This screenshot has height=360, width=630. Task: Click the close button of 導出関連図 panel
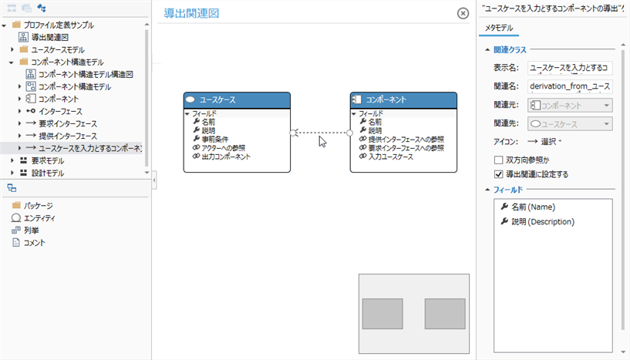pyautogui.click(x=463, y=13)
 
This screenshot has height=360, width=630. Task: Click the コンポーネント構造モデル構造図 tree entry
pyautogui.click(x=86, y=74)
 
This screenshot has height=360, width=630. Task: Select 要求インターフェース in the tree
pyautogui.click(x=68, y=123)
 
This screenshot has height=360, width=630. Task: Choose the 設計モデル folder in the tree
pyautogui.click(x=47, y=173)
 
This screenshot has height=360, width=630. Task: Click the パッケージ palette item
pyautogui.click(x=38, y=206)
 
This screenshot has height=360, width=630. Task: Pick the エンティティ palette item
pyautogui.click(x=39, y=218)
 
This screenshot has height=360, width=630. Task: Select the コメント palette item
pyautogui.click(x=34, y=243)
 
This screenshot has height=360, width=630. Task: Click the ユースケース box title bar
pyautogui.click(x=237, y=100)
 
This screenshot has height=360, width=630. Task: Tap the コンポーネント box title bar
pyautogui.click(x=403, y=100)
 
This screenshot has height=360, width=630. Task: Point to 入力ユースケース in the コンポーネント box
pyautogui.click(x=390, y=156)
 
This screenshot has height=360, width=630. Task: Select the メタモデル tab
pyautogui.click(x=498, y=29)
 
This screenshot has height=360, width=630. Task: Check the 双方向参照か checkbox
pyautogui.click(x=498, y=160)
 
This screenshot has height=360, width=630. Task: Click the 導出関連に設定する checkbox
pyautogui.click(x=498, y=174)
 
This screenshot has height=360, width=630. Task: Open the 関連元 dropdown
pyautogui.click(x=570, y=105)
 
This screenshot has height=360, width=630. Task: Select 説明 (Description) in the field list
pyautogui.click(x=543, y=222)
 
